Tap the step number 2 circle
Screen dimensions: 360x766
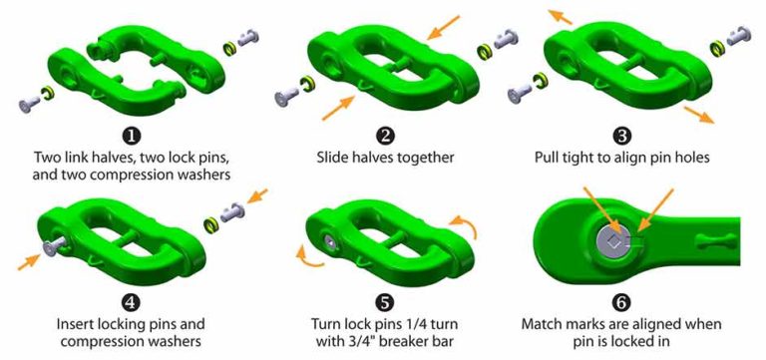coord(384,137)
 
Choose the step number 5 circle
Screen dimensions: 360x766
coord(384,300)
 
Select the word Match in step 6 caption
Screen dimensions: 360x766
coord(544,323)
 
